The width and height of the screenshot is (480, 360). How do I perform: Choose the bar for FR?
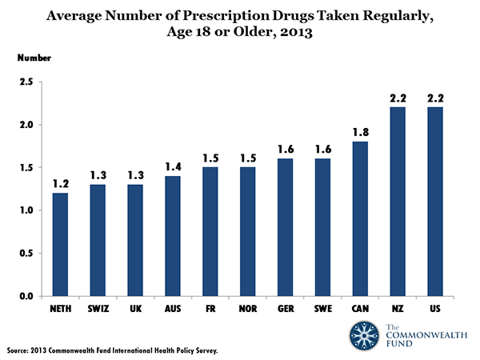[x=211, y=232]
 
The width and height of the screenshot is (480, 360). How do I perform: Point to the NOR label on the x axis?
[x=249, y=309]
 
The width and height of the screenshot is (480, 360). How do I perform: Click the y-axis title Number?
[x=34, y=58]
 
